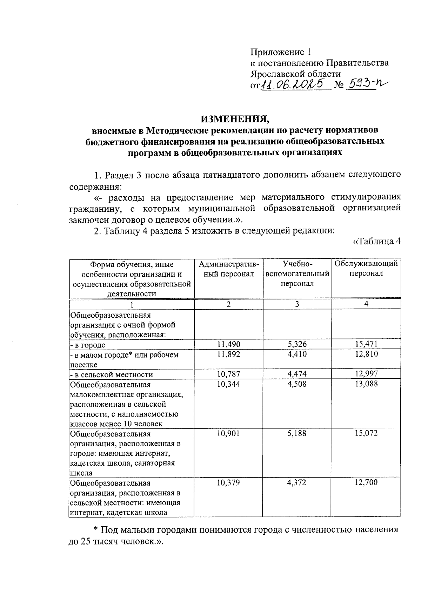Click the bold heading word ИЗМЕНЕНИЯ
point(235,119)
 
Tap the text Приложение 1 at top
point(281,52)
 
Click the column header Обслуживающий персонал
point(366,269)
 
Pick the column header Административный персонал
point(229,269)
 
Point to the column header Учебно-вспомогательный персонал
point(297,273)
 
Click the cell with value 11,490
point(229,344)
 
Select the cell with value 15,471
point(366,344)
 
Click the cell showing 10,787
point(229,374)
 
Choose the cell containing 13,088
point(366,384)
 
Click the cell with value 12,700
point(366,482)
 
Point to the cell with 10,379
point(228,483)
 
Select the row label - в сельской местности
point(112,374)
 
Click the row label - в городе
point(88,345)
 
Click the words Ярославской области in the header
point(295,74)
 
